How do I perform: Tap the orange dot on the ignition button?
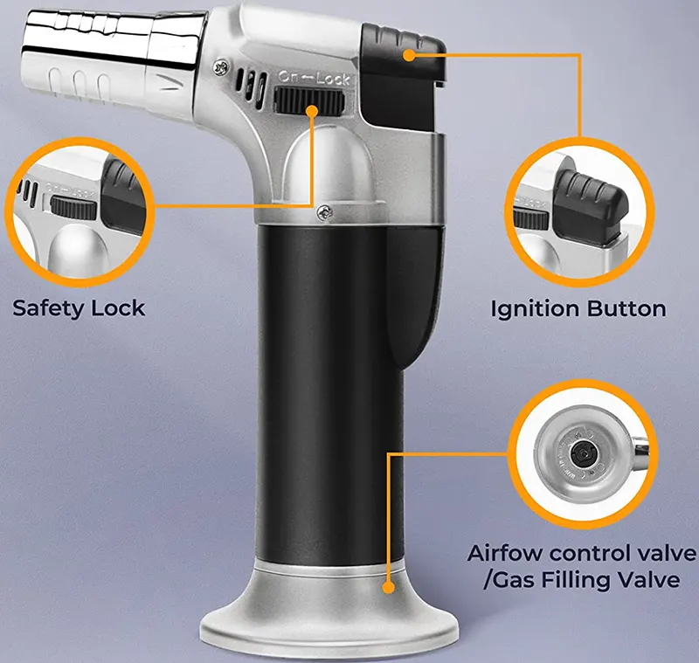point(409,55)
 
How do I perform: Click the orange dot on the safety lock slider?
point(312,111)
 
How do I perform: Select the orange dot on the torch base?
point(389,587)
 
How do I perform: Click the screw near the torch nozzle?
point(220,67)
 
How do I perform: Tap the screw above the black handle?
point(324,212)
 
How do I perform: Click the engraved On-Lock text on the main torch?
point(314,79)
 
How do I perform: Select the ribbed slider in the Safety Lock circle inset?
point(74,208)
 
